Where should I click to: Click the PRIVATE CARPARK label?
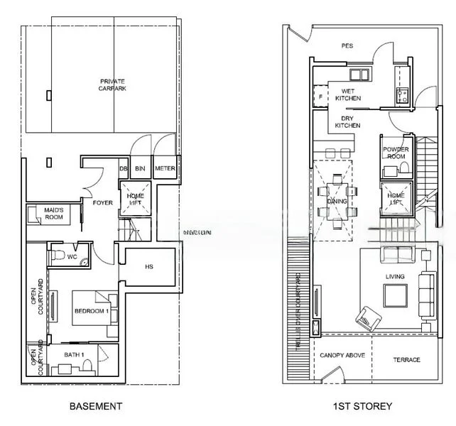114,85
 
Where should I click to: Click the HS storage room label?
149,267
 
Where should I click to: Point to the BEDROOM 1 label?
90,311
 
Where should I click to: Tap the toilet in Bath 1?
88,364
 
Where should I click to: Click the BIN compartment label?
141,168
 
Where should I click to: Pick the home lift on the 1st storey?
395,199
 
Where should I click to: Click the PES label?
347,46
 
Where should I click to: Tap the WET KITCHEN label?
348,94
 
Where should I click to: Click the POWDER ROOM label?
396,153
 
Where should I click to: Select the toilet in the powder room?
403,168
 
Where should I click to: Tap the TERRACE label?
406,360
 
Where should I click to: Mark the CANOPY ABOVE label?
342,355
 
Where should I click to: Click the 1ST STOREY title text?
362,407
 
